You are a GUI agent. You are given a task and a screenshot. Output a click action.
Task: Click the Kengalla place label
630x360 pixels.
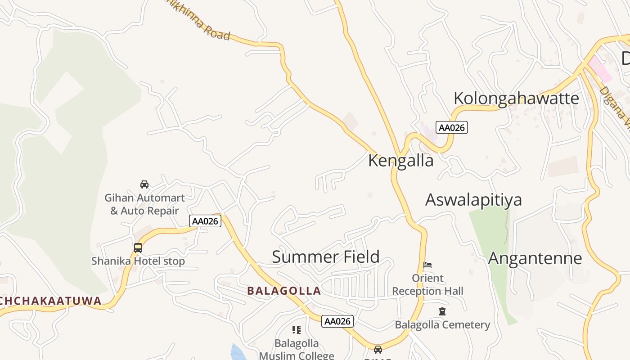tap(400, 161)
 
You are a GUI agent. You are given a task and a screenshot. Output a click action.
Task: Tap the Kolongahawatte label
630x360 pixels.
tap(516, 98)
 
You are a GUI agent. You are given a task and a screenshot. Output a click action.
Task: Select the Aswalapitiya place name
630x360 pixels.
tap(473, 199)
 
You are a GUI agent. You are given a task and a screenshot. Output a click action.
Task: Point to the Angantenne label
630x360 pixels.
tap(535, 258)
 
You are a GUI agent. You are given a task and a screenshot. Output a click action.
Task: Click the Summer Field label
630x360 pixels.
tap(326, 256)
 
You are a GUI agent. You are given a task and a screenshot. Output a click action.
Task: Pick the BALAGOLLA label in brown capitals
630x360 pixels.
tap(284, 291)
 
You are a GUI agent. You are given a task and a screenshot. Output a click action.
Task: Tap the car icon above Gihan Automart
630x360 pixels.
tap(144, 184)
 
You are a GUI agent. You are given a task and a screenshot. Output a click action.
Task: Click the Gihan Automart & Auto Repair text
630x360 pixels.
tap(144, 204)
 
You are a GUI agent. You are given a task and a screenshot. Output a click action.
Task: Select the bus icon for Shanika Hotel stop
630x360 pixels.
tap(138, 248)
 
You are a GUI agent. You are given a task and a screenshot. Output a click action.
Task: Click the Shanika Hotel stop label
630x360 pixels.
tap(138, 261)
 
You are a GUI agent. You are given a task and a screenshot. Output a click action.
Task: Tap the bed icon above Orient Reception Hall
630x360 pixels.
tap(427, 265)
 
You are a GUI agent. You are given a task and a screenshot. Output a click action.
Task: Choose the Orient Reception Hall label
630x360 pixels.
tap(427, 284)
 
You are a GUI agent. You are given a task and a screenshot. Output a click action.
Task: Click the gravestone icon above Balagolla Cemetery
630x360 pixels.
tap(442, 311)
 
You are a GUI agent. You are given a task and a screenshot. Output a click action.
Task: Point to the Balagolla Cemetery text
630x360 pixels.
tap(442, 324)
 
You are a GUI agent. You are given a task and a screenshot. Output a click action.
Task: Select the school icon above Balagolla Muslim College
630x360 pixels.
tap(296, 330)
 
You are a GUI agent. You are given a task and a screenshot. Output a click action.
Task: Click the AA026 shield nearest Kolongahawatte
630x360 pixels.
tap(452, 127)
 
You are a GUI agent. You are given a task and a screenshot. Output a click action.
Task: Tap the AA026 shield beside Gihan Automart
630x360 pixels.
tap(205, 221)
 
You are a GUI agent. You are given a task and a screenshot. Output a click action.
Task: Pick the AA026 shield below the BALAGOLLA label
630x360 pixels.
tap(337, 321)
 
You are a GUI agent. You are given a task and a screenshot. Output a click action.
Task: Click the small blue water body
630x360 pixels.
tap(237, 351)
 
